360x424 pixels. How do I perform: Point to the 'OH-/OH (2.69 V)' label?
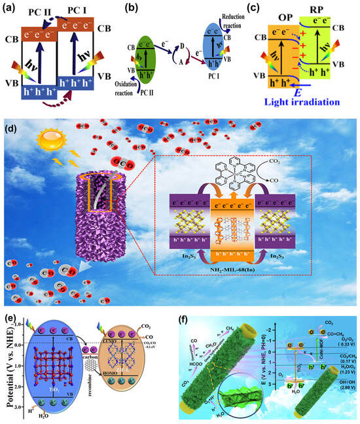click(x=340, y=392)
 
